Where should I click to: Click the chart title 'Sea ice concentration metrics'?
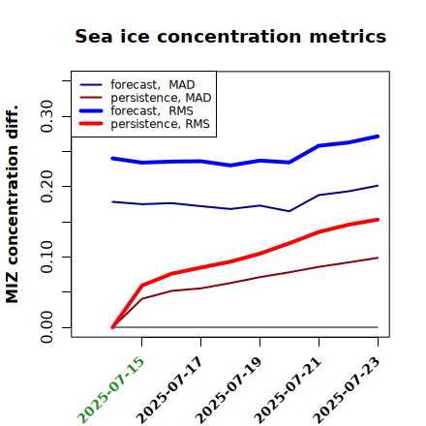[230, 37]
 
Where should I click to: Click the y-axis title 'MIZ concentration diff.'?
[12, 204]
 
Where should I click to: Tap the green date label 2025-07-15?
[110, 389]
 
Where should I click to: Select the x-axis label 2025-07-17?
[169, 389]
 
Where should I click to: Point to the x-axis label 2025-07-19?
[228, 389]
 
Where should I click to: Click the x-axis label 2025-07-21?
[288, 389]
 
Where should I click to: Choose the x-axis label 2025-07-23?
[347, 389]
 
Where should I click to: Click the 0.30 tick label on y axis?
[46, 116]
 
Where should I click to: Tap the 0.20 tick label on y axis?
[46, 186]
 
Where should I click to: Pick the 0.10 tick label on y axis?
[46, 257]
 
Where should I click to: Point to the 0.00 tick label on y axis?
[46, 327]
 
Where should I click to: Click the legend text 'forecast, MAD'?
[153, 85]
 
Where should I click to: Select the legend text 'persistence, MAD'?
[161, 98]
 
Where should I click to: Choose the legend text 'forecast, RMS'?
[152, 110]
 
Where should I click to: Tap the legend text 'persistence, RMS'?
[160, 124]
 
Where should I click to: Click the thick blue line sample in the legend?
[91, 111]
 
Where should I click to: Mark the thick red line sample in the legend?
[91, 124]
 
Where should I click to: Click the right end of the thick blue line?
[378, 137]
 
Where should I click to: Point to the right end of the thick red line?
[378, 220]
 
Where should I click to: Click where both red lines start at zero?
[112, 327]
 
